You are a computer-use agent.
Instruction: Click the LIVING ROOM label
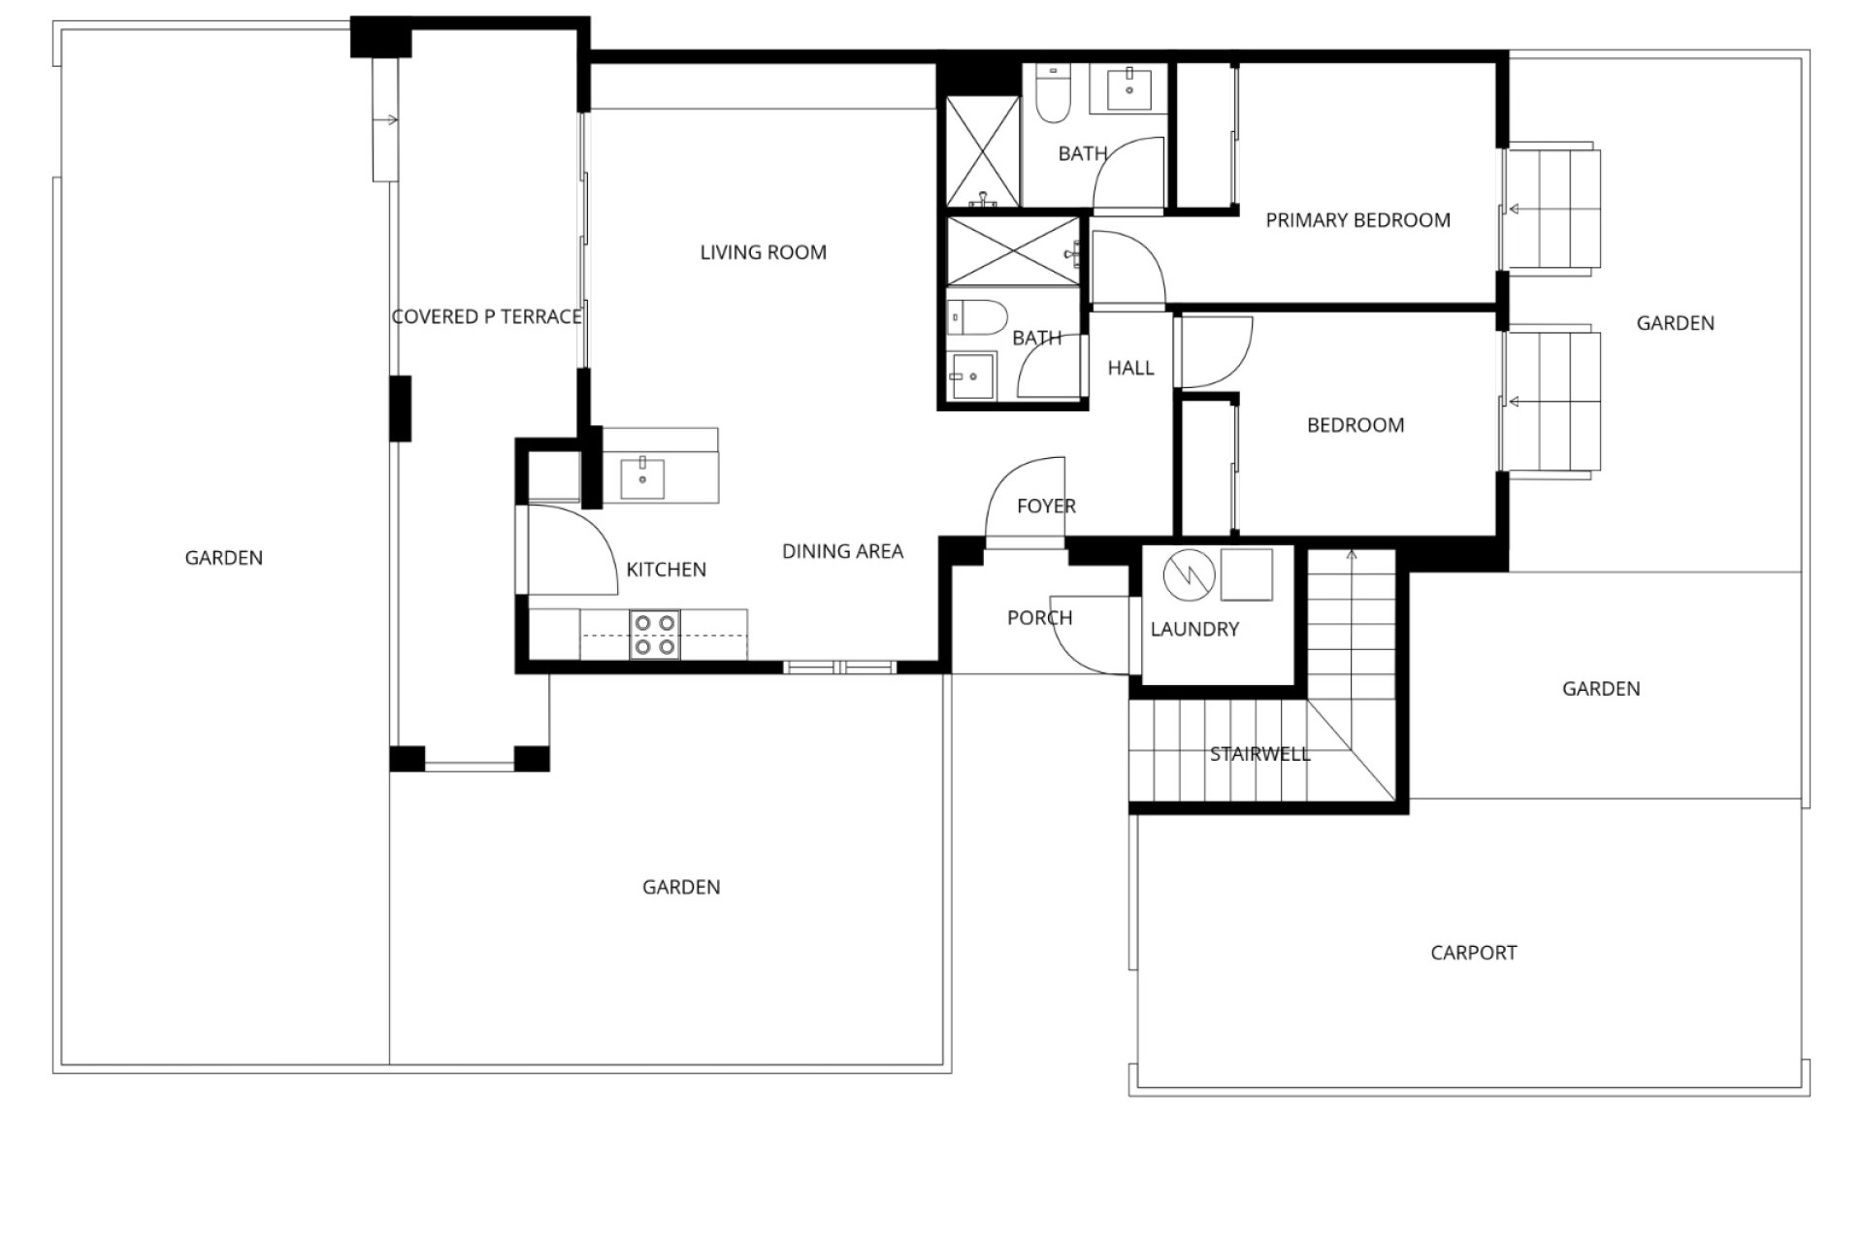[x=764, y=252]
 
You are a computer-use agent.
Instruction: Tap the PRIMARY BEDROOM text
[x=1357, y=220]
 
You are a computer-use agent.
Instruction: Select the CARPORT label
[x=1473, y=953]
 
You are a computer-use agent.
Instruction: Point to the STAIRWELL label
[x=1259, y=754]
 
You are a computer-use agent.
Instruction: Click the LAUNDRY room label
[x=1194, y=629]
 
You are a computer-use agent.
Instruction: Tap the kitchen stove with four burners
[x=655, y=635]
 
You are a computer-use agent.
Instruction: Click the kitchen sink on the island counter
[x=642, y=479]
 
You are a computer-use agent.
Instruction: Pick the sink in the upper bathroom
[x=1128, y=88]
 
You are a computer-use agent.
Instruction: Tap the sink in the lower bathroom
[x=971, y=376]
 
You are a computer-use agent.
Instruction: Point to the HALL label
[x=1131, y=368]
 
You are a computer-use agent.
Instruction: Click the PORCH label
[x=1039, y=618]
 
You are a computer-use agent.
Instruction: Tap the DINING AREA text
[x=842, y=551]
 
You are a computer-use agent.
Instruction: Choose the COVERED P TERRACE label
[x=487, y=316]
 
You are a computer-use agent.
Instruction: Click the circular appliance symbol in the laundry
[x=1189, y=575]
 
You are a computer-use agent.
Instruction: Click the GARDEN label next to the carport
[x=1601, y=689]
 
